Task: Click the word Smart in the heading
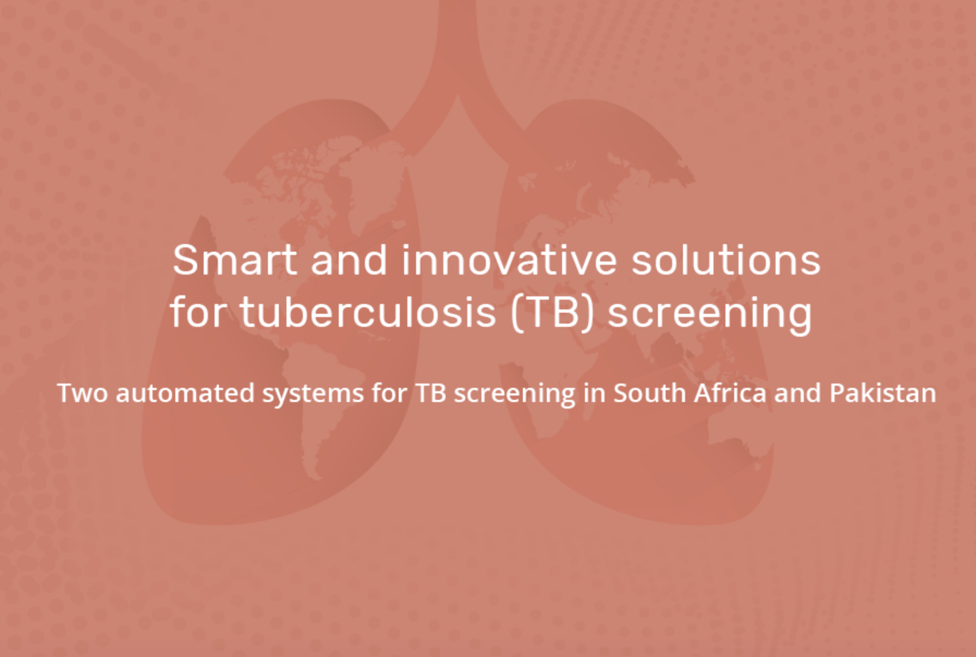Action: [x=235, y=260]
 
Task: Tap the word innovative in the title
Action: [x=509, y=259]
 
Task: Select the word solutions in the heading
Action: [x=725, y=259]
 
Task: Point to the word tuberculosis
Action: [x=368, y=312]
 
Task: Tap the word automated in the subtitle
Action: [x=185, y=393]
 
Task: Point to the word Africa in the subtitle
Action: [x=730, y=393]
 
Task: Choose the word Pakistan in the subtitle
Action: [x=882, y=393]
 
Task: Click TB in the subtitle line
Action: [x=431, y=393]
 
